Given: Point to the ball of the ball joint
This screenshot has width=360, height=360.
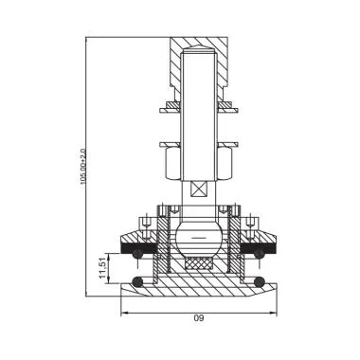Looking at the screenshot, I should [197, 234].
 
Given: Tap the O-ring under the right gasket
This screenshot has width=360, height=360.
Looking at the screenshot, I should [257, 253].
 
